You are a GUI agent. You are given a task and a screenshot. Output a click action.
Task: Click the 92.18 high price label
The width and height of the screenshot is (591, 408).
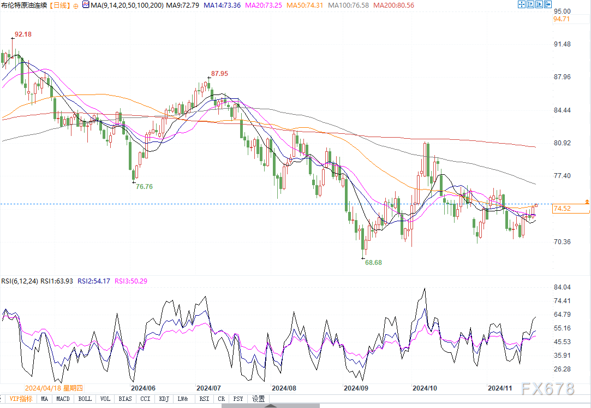[x=23, y=34]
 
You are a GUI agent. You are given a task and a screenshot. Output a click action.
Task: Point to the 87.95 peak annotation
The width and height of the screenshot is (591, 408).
[x=220, y=74]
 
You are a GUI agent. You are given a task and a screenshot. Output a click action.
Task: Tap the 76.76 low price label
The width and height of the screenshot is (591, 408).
[x=144, y=187]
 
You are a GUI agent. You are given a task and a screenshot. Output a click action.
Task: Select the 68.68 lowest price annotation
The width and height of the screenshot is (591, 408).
[x=373, y=263]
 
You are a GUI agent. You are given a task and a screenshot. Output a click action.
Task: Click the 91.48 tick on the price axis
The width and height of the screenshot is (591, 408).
[x=562, y=44]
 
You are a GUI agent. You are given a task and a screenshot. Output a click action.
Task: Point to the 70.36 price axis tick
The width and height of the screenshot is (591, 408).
[x=562, y=242]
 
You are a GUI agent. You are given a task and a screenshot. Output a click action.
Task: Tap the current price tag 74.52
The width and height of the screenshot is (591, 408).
[x=562, y=209]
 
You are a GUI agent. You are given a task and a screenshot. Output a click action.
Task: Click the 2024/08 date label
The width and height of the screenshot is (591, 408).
[x=284, y=388]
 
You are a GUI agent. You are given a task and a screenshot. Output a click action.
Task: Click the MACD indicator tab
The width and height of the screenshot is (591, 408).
[x=63, y=399]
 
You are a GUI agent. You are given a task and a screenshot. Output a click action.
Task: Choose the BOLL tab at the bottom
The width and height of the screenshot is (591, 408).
[x=85, y=399]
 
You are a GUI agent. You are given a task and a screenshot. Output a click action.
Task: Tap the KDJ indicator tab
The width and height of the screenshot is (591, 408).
[x=164, y=399]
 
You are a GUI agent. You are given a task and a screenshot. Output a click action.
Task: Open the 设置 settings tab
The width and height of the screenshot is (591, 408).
[x=258, y=399]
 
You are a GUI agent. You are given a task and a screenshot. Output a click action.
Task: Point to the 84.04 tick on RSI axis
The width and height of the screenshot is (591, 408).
[x=562, y=287]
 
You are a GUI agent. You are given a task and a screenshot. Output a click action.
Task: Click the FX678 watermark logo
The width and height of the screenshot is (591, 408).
[x=547, y=389]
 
